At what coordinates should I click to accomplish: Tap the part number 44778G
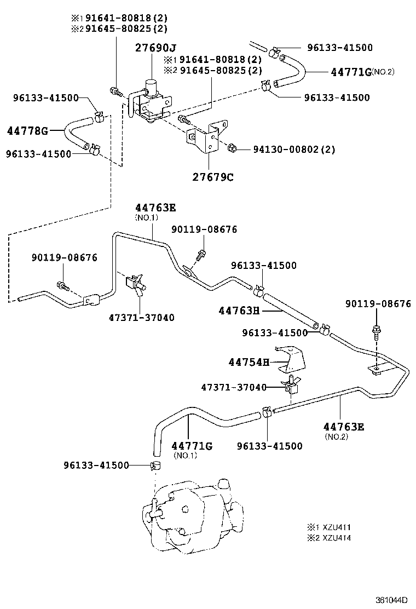[x=27, y=131]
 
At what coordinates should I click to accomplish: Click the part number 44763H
[x=239, y=311]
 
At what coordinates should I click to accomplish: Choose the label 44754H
[x=249, y=362]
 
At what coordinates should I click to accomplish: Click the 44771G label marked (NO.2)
[x=351, y=72]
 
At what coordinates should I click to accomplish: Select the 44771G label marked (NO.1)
[x=192, y=446]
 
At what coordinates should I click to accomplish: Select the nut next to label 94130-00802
[x=232, y=148]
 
